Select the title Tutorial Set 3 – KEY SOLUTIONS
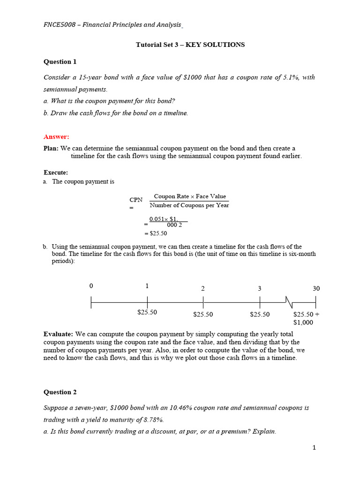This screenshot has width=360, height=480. [190, 45]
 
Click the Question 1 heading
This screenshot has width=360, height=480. [60, 61]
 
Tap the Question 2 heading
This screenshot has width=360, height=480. [60, 392]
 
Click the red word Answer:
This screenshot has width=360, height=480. [56, 137]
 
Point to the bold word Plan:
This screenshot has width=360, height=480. [51, 148]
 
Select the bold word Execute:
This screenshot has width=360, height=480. [56, 172]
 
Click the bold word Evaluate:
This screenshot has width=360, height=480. [59, 334]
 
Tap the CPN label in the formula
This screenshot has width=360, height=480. [136, 200]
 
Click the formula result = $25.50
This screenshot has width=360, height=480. [156, 233]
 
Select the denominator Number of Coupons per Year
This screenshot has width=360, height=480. [189, 205]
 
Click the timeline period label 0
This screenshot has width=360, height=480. [91, 285]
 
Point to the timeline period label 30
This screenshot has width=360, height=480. [316, 288]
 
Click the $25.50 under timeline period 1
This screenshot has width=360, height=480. [147, 312]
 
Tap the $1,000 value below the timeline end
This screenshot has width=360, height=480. [303, 322]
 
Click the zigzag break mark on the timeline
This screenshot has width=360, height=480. [289, 302]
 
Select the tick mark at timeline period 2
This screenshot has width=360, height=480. [203, 302]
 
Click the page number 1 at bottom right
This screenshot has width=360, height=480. [314, 448]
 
